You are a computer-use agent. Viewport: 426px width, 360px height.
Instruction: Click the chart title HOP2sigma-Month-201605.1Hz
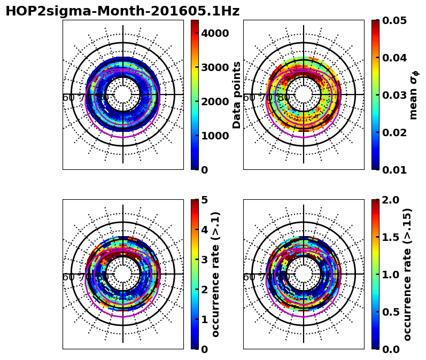point(122,11)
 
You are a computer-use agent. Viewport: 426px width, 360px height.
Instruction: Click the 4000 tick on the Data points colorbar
point(215,33)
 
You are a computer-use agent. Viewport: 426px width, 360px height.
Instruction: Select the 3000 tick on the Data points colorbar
point(215,67)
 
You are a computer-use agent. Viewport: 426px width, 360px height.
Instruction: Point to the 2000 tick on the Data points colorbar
point(215,101)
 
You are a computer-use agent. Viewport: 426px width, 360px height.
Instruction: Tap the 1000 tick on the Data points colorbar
point(215,136)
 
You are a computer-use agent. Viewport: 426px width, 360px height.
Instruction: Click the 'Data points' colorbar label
point(237,95)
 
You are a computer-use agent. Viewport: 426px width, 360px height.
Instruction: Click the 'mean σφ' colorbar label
point(413,95)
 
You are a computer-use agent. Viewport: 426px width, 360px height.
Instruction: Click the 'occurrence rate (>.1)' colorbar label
point(216,274)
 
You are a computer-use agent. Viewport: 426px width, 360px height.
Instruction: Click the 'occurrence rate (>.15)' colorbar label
point(408,274)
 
